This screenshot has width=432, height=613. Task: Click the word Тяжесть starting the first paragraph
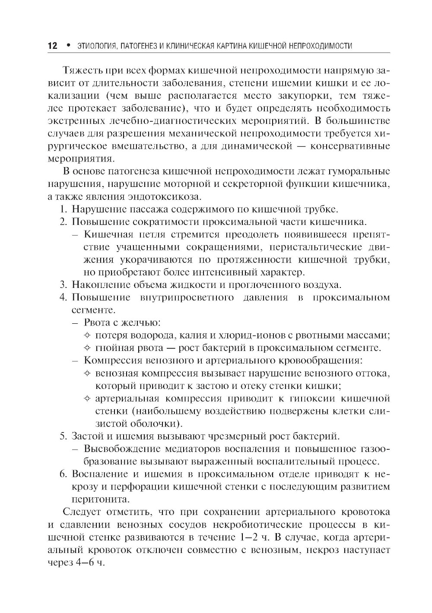(x=79, y=70)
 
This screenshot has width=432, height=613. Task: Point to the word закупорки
(x=309, y=95)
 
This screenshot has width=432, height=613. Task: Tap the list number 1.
(x=63, y=210)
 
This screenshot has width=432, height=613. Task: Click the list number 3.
(x=63, y=285)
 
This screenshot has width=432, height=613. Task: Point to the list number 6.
(x=63, y=474)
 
